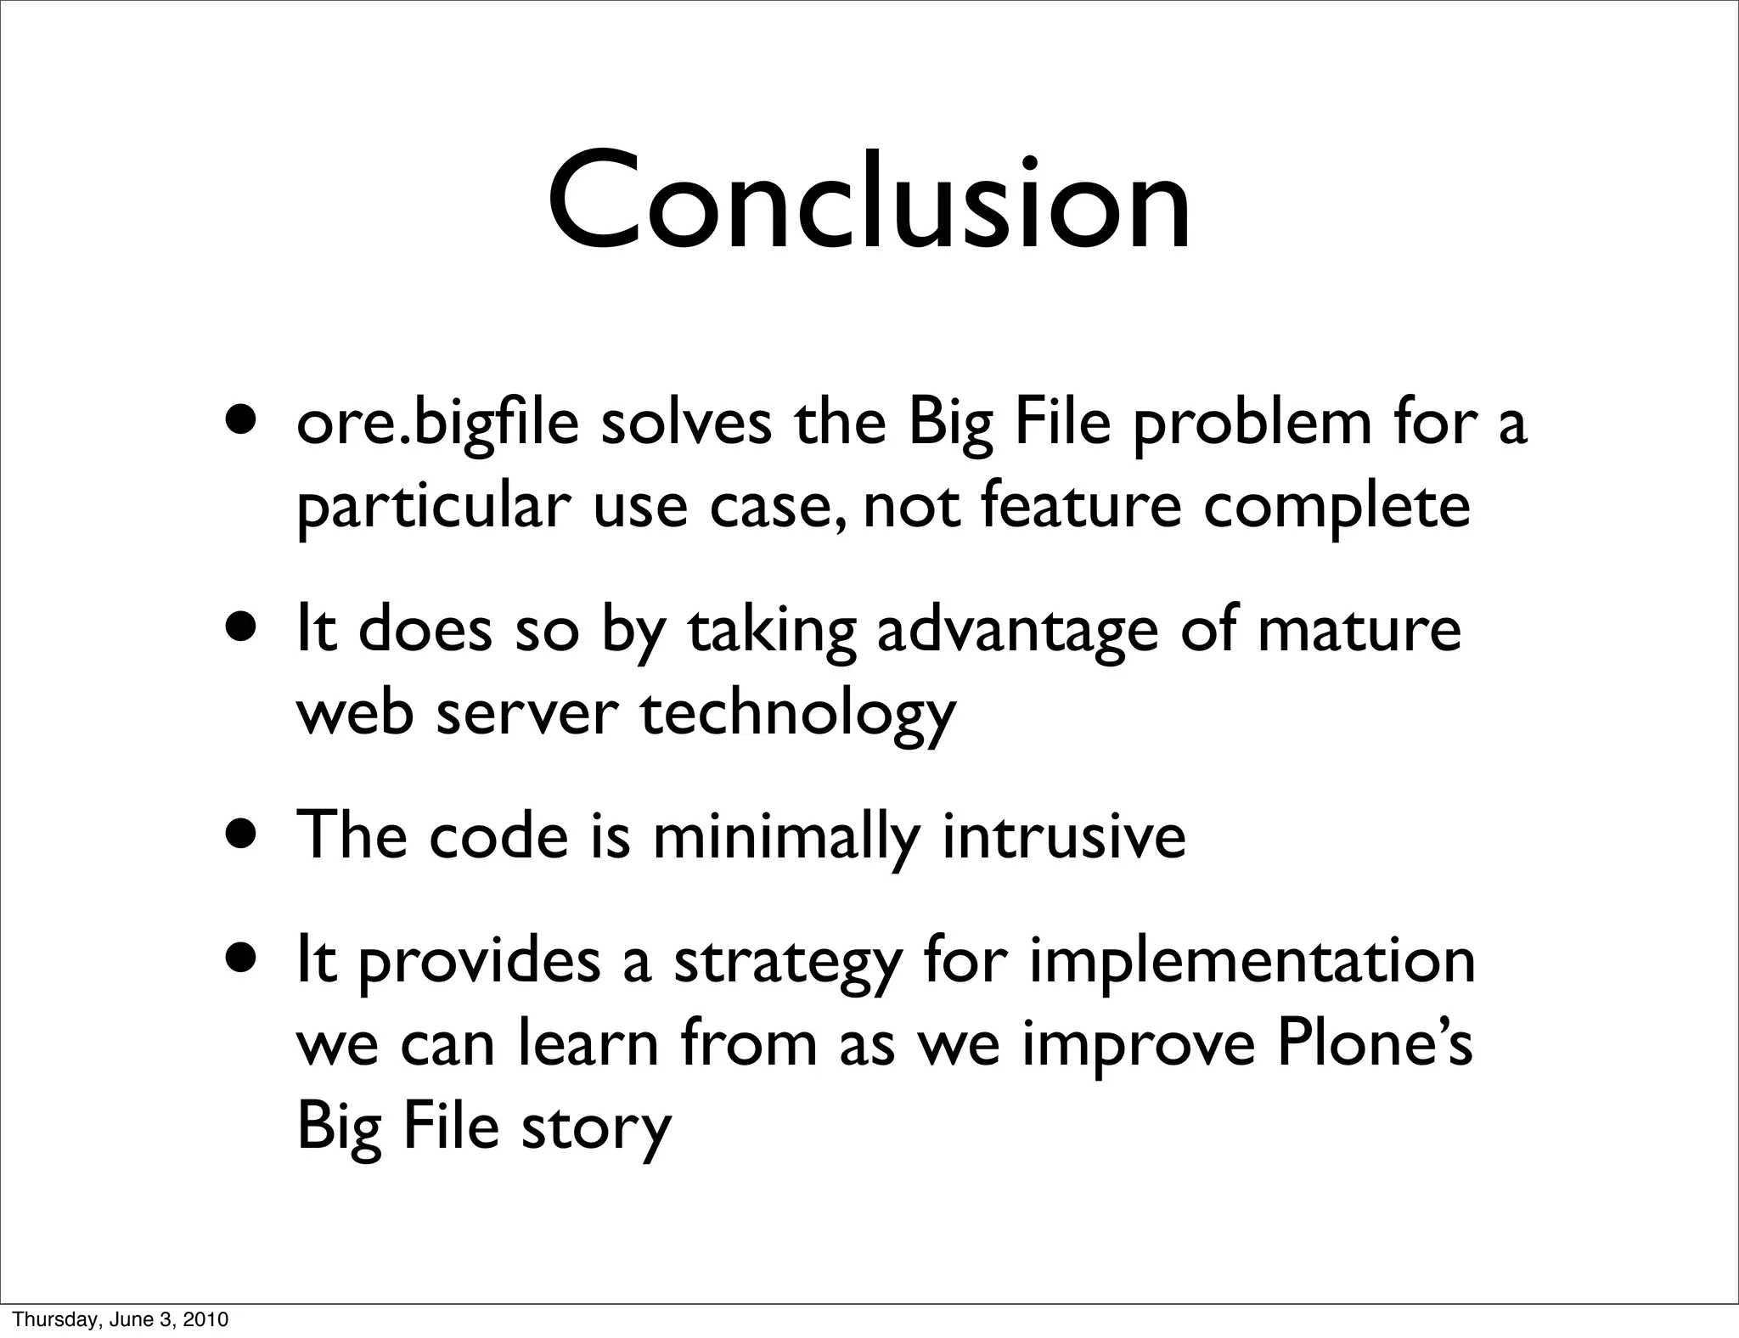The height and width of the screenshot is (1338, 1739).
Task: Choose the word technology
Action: (x=797, y=713)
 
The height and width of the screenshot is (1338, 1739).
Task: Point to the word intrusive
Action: (x=1063, y=837)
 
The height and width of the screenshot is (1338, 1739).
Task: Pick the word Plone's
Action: (x=1375, y=1044)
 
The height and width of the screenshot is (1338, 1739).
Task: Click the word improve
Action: (x=1138, y=1044)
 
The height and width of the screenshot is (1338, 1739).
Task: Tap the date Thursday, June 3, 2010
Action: (x=120, y=1320)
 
